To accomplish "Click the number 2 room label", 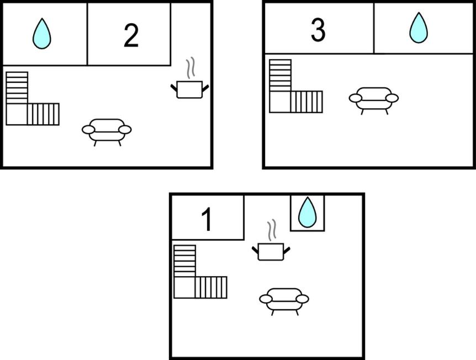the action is tap(131, 36).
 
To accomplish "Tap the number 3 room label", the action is tap(318, 30).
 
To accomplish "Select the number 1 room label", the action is tap(207, 219).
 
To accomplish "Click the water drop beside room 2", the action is tap(42, 33).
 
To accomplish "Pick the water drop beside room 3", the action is tap(419, 28).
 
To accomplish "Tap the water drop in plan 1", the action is tap(308, 212).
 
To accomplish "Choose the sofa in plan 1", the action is tap(284, 301).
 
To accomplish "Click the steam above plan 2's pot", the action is tap(191, 67).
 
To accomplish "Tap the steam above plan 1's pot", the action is tap(272, 230).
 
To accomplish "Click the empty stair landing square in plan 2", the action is tap(17, 114).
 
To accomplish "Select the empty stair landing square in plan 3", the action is tap(280, 102).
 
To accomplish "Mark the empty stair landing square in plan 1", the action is tap(184, 288).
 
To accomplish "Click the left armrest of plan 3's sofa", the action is tap(356, 98).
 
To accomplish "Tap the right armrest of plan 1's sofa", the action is tap(303, 299).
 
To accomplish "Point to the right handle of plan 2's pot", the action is tap(205, 88).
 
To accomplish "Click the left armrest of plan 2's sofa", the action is tap(88, 130).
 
